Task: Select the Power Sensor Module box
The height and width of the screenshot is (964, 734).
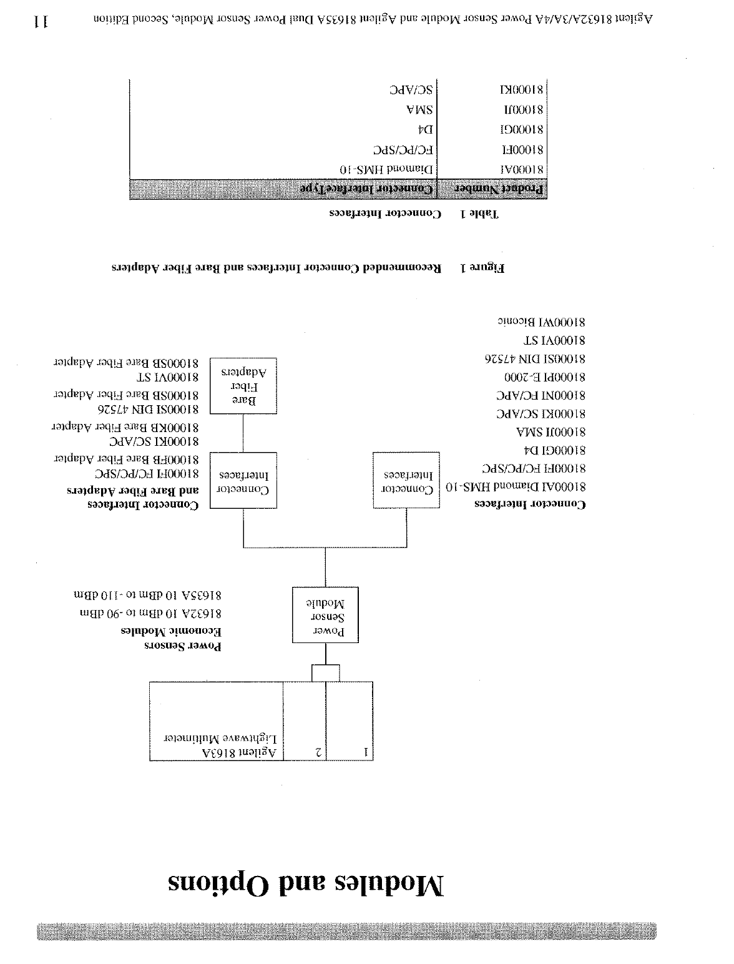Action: [325, 615]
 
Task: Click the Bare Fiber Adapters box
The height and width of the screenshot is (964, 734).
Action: [243, 386]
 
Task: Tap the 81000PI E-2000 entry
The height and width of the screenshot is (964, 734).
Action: [545, 377]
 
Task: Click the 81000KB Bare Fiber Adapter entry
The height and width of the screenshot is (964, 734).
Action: [125, 428]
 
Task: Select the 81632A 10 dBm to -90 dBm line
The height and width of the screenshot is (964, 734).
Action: [150, 614]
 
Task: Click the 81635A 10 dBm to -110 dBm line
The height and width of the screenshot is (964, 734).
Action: [147, 597]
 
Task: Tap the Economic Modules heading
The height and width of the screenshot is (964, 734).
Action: [171, 631]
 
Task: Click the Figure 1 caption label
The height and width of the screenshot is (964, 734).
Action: [482, 268]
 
